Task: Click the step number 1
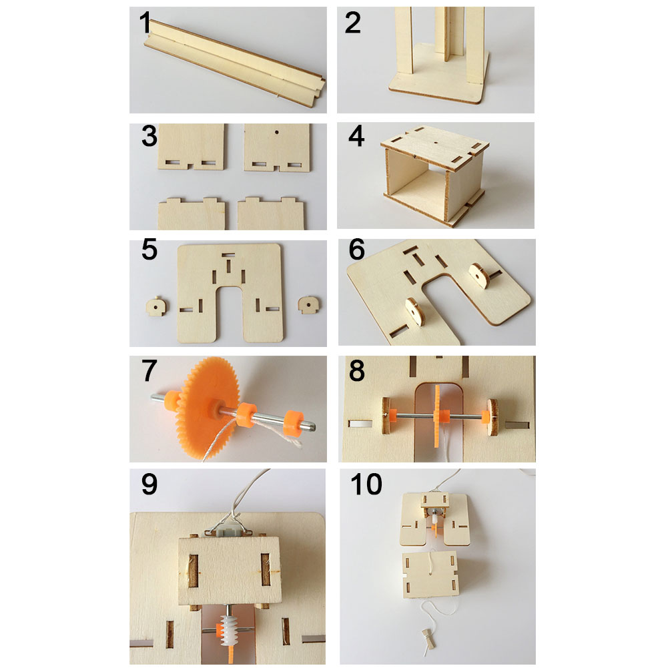point(145,22)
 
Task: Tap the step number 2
point(353,23)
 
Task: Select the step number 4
point(356,136)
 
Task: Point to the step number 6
point(357,250)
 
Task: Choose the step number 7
point(149,370)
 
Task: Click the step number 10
point(366,484)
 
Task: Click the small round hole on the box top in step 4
point(435,143)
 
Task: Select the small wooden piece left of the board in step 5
point(157,306)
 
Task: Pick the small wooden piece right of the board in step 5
point(310,305)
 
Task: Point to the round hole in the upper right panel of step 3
point(278,132)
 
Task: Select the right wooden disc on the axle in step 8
point(492,418)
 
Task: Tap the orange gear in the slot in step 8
point(437,415)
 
